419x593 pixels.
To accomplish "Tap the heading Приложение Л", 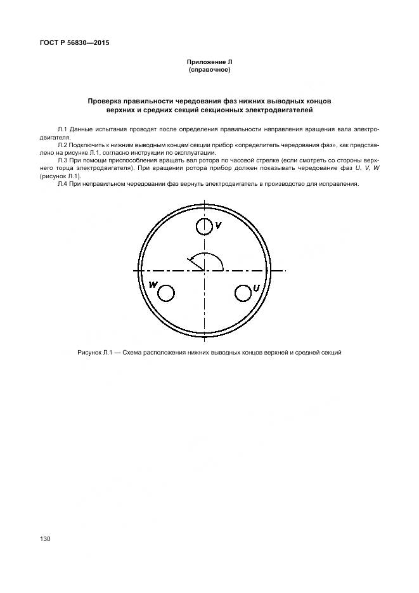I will pos(209,62).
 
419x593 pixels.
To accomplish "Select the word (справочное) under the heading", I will pos(209,70).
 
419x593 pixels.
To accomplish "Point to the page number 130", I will pos(45,538).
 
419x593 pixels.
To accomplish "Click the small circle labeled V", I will pos(204,226).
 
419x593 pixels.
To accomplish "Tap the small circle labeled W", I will pos(165,293).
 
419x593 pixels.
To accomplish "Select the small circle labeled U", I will pos(243,293).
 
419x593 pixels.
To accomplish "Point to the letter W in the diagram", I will pos(153,285).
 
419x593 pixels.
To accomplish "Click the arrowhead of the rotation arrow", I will pos(190,258).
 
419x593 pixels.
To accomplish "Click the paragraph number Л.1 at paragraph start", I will pos(63,129).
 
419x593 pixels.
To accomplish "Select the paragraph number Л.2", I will pos(63,145).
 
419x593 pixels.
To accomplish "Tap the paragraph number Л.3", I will pos(63,160).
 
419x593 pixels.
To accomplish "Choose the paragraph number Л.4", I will pos(63,184).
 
